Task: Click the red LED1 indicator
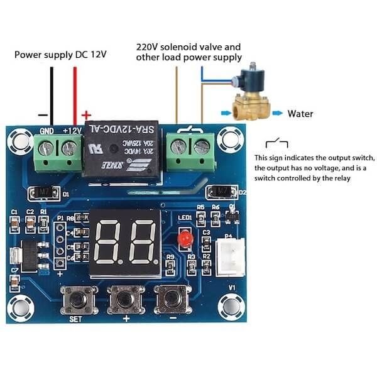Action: [x=185, y=239]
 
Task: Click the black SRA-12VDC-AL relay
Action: [x=123, y=151]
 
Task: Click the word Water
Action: [x=300, y=114]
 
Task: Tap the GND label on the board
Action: [x=46, y=131]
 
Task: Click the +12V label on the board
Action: [x=70, y=131]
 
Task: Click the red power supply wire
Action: [x=75, y=94]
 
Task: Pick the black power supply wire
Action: [x=52, y=94]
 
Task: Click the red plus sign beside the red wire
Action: [x=86, y=115]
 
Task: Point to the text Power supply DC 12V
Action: [x=60, y=55]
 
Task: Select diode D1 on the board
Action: [x=42, y=190]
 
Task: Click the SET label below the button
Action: [x=75, y=319]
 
